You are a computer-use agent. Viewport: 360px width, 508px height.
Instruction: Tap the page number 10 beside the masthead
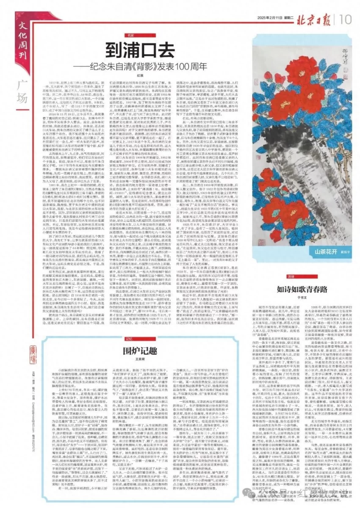click(345, 19)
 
